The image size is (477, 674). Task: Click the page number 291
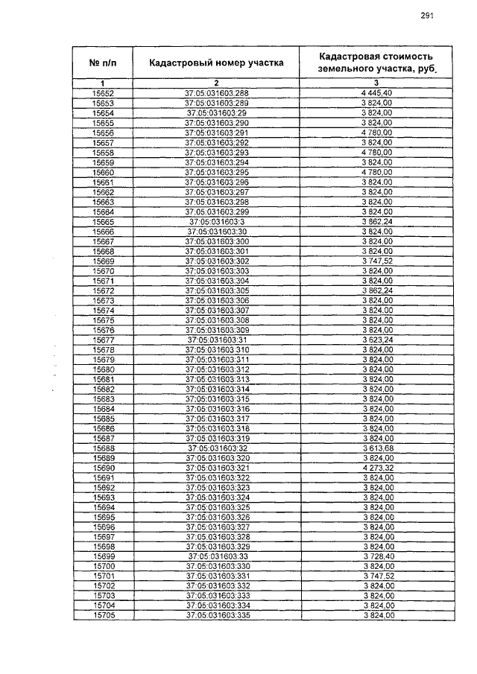tap(427, 15)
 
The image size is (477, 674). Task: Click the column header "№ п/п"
tap(102, 63)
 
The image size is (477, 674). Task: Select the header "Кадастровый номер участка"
tap(216, 63)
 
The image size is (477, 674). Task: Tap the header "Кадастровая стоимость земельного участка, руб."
tap(376, 63)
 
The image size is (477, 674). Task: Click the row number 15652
tap(103, 93)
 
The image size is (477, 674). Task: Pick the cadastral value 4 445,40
tap(377, 93)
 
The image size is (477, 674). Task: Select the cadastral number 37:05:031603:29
tap(216, 112)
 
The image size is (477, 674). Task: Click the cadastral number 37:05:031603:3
tap(216, 221)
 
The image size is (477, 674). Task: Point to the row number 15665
tap(103, 221)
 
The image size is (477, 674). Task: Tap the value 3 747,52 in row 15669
tap(377, 261)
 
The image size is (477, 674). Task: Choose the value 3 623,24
tap(377, 340)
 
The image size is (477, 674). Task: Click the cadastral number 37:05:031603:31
tap(216, 340)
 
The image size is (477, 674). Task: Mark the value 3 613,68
tap(377, 448)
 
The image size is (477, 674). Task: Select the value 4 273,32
tap(377, 468)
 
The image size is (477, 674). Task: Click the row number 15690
tap(103, 468)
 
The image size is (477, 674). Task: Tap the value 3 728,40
tap(377, 557)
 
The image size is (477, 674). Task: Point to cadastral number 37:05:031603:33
tap(216, 557)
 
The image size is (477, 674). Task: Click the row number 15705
tap(103, 615)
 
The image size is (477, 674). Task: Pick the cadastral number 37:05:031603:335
tap(216, 615)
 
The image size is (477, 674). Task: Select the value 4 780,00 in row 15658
tap(377, 152)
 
